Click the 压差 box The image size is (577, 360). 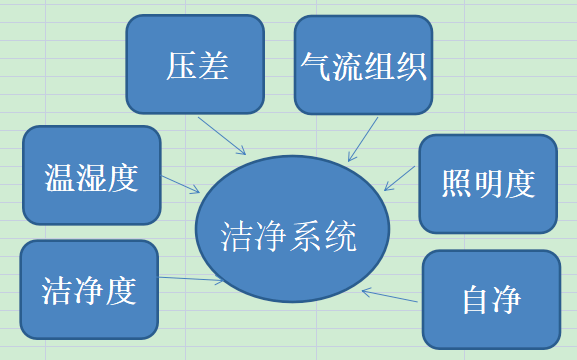click(195, 66)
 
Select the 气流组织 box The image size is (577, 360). click(363, 66)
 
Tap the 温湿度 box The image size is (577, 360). click(91, 176)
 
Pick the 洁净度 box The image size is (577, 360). click(89, 290)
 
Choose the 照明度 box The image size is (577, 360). click(488, 183)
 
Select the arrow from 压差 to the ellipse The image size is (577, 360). click(222, 136)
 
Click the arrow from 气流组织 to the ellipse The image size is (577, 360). click(363, 138)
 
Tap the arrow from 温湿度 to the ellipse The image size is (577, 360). click(180, 185)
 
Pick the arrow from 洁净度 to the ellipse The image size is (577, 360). click(190, 279)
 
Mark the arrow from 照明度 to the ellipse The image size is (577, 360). click(400, 178)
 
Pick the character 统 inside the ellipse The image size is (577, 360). click(340, 237)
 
